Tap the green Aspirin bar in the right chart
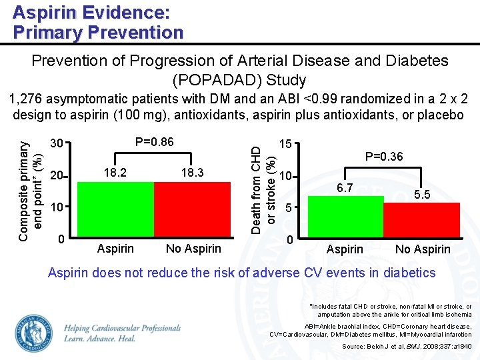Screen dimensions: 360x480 pos(345,217)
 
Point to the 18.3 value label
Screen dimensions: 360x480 pos(193,173)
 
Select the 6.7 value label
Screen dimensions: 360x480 pos(345,188)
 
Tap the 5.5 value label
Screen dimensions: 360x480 pos(422,195)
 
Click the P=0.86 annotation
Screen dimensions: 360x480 pos(154,142)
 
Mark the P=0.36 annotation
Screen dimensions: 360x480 pos(383,157)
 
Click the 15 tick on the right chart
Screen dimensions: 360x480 pos(285,144)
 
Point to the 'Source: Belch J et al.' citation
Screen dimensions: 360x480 pos(407,347)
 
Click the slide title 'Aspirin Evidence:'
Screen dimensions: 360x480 pos(91,12)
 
